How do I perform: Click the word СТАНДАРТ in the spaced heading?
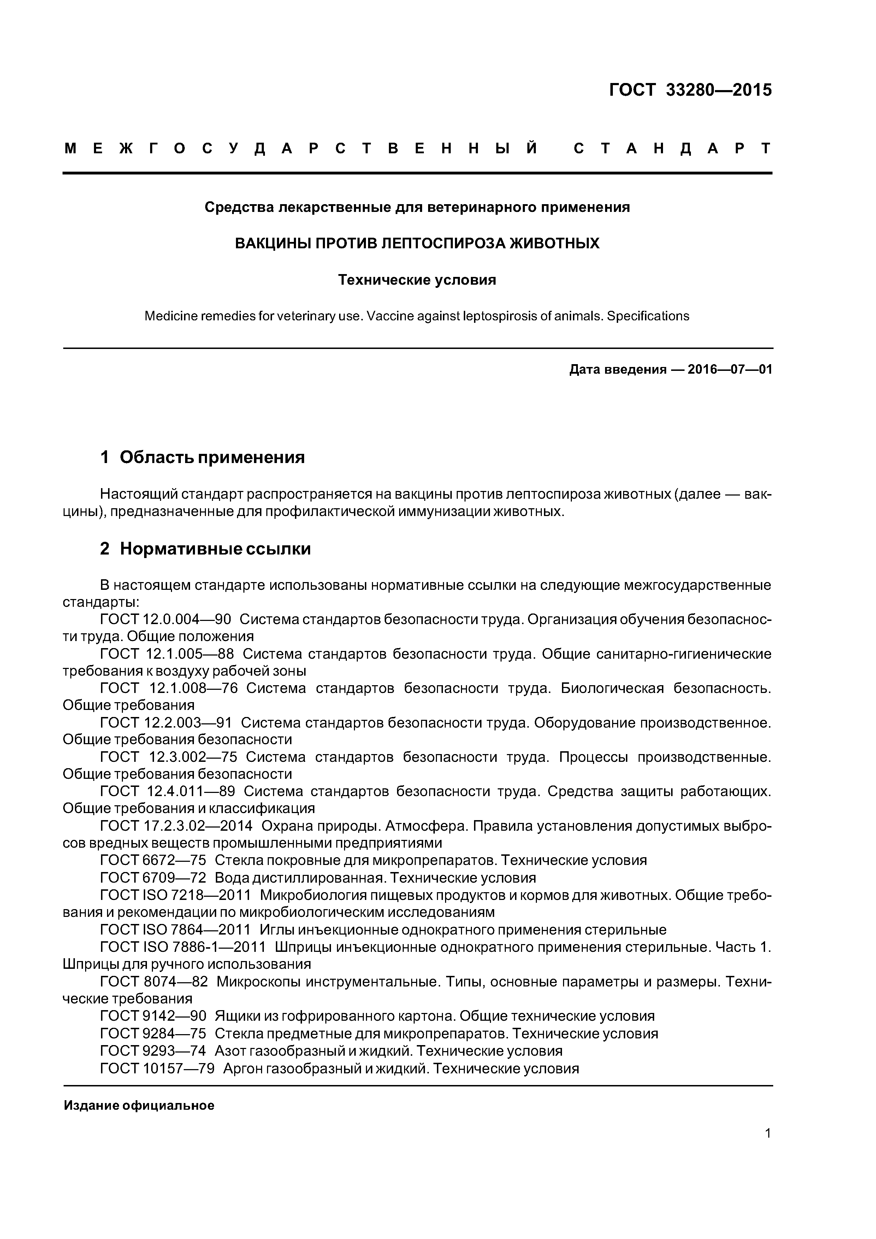[671, 148]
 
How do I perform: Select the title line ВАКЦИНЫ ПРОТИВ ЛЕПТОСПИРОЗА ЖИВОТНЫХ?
[417, 243]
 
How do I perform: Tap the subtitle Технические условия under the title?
[417, 280]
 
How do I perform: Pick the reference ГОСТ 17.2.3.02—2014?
[176, 826]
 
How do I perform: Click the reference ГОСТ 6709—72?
[153, 878]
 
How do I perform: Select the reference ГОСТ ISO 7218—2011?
[176, 895]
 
